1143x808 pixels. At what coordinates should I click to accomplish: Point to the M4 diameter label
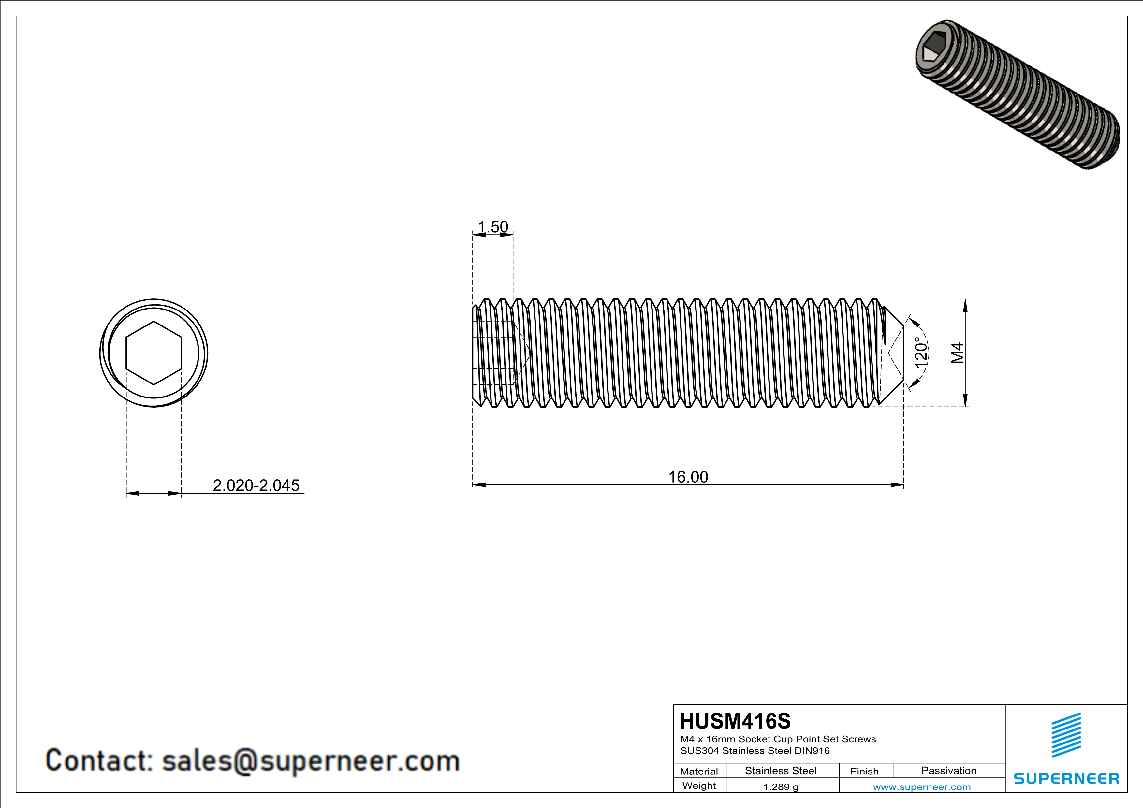(x=957, y=353)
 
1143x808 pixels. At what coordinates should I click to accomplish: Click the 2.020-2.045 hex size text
(x=256, y=485)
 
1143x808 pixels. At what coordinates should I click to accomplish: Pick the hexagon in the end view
(x=154, y=353)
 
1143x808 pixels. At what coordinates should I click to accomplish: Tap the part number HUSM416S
(x=735, y=721)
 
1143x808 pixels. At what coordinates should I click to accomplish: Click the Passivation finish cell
(x=948, y=771)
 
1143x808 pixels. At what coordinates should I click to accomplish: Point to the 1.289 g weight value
(x=781, y=786)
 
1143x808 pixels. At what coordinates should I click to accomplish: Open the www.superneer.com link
(x=921, y=786)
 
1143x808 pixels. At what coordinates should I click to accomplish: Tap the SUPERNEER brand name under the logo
(x=1066, y=778)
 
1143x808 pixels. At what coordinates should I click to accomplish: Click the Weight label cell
(x=699, y=786)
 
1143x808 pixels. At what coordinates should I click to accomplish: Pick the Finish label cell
(x=864, y=771)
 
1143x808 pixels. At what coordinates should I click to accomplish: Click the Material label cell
(x=699, y=771)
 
